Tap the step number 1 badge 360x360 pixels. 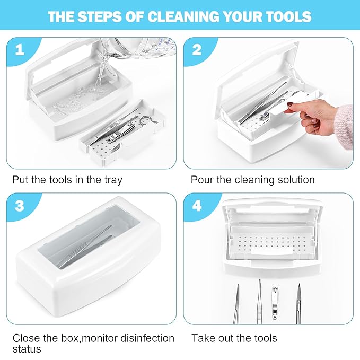point(20,50)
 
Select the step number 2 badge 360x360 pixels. point(197,50)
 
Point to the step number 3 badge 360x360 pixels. point(20,206)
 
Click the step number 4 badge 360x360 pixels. point(197,206)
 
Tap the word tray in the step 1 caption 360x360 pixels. point(113,180)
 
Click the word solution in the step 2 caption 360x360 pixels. point(296,180)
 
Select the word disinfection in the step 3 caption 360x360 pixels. point(147,338)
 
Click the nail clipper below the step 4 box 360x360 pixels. point(275,303)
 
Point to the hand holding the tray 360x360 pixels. point(310,117)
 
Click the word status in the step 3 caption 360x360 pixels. point(27,349)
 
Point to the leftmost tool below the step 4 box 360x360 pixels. point(236,304)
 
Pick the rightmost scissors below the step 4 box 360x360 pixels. point(298,304)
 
